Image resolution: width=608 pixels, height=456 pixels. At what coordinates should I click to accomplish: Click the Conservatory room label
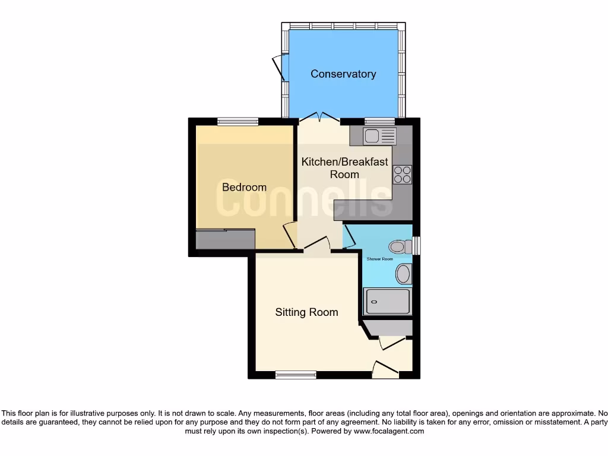pos(343,74)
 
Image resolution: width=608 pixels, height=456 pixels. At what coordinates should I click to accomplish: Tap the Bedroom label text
pos(244,187)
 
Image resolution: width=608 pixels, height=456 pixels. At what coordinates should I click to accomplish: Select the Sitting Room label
pos(306,312)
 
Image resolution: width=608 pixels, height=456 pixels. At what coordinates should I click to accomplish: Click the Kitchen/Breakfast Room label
pos(344,168)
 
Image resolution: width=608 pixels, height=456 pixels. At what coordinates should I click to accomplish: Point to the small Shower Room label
pos(379,259)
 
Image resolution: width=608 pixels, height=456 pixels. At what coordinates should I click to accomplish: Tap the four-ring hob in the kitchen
pos(402,174)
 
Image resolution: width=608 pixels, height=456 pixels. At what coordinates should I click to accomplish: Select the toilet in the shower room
pos(400,246)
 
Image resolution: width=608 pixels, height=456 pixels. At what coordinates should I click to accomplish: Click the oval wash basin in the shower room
pos(403,274)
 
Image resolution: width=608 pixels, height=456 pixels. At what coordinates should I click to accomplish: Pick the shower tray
pos(387,302)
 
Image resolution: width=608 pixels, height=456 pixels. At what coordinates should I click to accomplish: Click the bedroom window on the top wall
pos(237,122)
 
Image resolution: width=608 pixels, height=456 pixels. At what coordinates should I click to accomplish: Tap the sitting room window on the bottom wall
pos(296,375)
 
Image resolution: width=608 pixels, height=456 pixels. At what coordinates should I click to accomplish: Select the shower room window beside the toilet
pos(417,246)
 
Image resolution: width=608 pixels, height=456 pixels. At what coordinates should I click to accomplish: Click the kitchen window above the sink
pos(379,122)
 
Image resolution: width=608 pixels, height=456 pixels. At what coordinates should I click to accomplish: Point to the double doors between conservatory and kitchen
pos(319,117)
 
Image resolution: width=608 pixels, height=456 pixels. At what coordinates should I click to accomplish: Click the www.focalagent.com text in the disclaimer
pos(389,432)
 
